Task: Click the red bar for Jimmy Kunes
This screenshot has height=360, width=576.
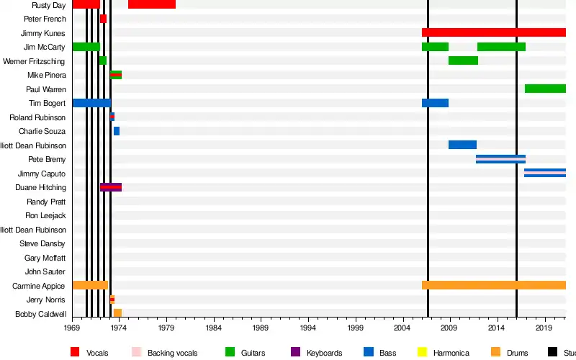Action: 494,32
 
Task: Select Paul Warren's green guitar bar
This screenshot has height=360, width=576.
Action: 545,89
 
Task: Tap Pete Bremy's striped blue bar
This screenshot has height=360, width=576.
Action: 500,159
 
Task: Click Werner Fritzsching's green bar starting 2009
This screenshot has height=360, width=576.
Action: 463,60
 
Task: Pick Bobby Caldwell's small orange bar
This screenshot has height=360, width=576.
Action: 117,313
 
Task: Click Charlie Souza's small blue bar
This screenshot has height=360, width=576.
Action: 117,131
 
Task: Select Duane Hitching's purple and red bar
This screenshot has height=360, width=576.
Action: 111,187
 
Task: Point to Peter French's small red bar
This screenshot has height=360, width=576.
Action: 103,19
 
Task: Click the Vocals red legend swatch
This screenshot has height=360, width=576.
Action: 75,352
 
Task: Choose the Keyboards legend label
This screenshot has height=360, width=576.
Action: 324,353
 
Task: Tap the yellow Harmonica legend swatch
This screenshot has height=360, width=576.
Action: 423,352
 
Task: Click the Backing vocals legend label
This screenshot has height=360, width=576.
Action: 171,353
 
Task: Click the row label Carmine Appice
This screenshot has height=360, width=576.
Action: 39,286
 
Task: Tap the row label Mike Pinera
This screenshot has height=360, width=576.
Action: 46,75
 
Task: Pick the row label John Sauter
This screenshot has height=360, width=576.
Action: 45,271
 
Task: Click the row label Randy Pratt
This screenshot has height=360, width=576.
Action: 46,202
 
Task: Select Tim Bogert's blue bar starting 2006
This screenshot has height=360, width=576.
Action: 435,103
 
